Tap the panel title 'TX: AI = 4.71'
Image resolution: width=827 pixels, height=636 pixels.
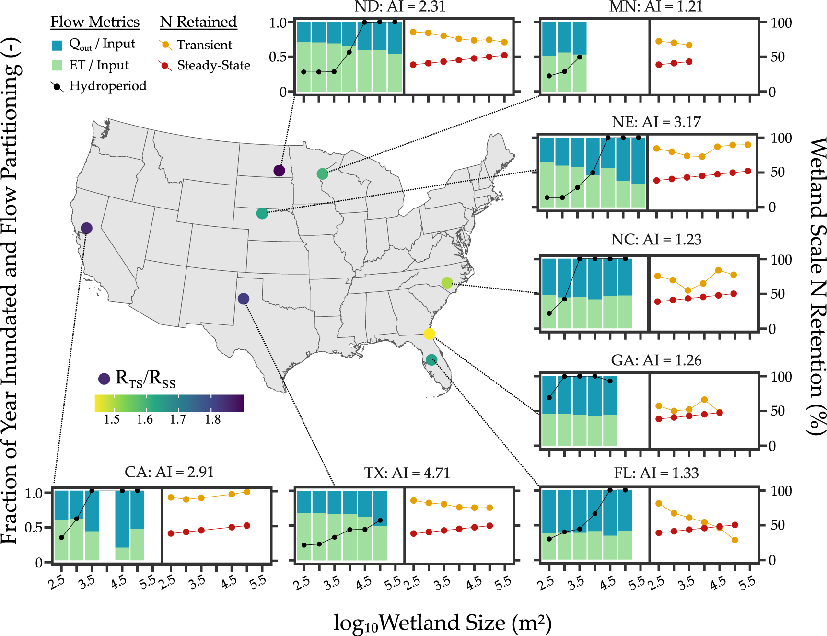[x=407, y=473]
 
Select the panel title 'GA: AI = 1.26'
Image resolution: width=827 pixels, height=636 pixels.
[x=656, y=360]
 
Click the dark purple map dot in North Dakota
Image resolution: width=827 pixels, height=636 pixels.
[x=279, y=170]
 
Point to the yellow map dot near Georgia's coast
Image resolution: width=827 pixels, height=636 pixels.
[x=429, y=334]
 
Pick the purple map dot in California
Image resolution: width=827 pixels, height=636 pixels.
[x=86, y=228]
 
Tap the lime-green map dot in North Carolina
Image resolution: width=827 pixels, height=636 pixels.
[x=447, y=283]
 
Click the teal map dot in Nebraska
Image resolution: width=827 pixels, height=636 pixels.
[x=262, y=213]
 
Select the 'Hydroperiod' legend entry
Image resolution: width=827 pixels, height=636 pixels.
[x=108, y=86]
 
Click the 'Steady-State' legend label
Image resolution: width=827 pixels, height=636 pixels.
[x=213, y=65]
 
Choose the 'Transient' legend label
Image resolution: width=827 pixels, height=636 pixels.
[x=204, y=45]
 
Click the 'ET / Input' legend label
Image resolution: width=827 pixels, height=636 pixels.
[x=99, y=65]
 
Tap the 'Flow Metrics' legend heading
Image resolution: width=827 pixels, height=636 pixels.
[x=95, y=22]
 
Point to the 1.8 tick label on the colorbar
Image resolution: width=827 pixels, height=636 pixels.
[x=212, y=419]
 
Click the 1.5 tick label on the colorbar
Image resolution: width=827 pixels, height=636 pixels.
[x=112, y=419]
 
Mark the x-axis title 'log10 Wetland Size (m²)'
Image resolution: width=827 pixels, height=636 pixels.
[x=442, y=623]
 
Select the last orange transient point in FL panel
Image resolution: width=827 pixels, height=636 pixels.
[x=734, y=540]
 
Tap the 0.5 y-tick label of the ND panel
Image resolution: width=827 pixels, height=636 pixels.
[x=278, y=57]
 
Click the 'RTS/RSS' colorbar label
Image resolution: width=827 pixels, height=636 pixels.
[x=145, y=379]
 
